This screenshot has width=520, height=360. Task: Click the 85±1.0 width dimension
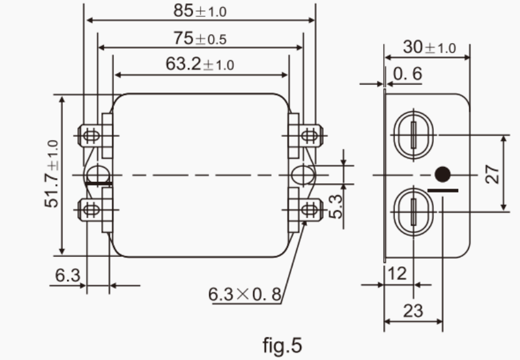point(200,11)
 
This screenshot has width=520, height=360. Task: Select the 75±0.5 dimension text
point(200,39)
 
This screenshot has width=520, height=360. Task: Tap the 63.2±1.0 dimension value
point(200,64)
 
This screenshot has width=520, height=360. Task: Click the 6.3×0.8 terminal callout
point(245,293)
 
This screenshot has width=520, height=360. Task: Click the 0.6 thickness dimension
point(407,74)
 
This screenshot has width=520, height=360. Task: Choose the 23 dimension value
point(412,311)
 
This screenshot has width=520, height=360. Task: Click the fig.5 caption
point(281,344)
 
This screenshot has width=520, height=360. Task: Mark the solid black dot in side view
point(442,174)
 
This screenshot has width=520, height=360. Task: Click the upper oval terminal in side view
point(412,134)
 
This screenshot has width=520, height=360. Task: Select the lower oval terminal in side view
point(412,211)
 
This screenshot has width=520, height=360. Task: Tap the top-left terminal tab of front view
point(91,134)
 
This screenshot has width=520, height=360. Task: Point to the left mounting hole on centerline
point(97,174)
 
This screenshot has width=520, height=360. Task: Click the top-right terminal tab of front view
point(308,134)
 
